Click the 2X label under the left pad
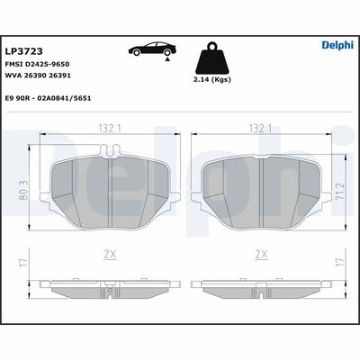[x=109, y=256]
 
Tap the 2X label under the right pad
[x=262, y=256]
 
